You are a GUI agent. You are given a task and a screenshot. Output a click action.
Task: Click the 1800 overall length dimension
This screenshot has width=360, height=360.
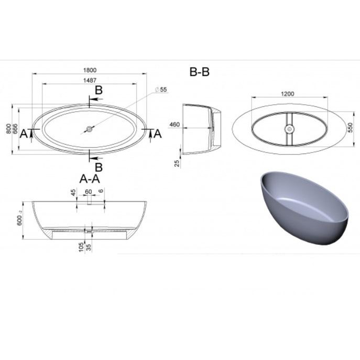[x=90, y=70]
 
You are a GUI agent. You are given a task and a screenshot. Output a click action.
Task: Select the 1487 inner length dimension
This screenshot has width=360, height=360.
[x=90, y=80]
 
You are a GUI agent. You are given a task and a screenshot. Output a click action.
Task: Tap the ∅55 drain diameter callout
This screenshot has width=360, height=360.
[x=161, y=89]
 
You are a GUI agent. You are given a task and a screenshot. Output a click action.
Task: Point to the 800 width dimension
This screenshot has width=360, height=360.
[x=8, y=129]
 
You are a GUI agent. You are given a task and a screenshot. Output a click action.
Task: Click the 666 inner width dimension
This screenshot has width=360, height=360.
[x=15, y=129]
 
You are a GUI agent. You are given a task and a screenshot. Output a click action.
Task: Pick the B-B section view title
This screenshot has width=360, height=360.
[x=200, y=72]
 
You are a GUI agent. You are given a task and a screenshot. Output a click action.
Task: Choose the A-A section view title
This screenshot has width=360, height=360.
[x=90, y=179]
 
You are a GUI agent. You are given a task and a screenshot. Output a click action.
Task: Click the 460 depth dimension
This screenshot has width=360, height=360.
[x=174, y=125]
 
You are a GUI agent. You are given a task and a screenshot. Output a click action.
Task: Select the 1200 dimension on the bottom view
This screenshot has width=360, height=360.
[x=288, y=94]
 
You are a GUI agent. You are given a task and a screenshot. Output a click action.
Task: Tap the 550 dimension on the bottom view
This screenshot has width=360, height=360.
[x=350, y=127]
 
